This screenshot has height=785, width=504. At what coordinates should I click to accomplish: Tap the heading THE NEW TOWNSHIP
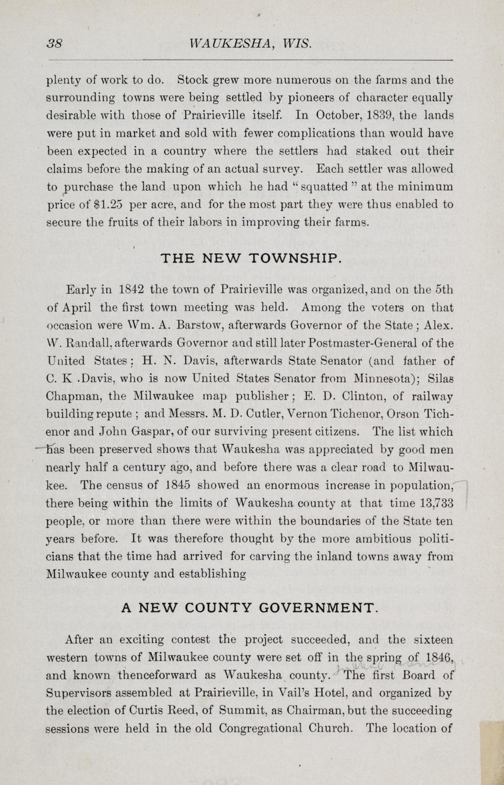251,259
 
